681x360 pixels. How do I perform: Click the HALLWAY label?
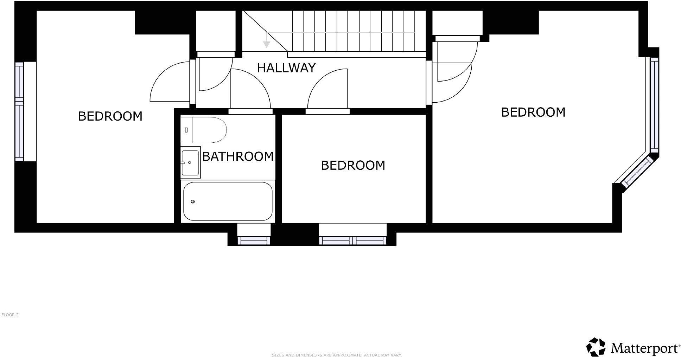(x=286, y=68)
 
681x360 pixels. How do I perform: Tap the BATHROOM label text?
(x=238, y=156)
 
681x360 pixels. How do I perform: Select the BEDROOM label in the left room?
(x=110, y=116)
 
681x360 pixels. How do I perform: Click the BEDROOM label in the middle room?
(x=353, y=165)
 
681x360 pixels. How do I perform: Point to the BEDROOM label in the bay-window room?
(x=533, y=112)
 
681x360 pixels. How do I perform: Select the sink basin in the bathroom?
(x=190, y=162)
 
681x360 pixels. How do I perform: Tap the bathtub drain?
(x=192, y=201)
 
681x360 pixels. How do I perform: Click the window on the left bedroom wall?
(x=19, y=111)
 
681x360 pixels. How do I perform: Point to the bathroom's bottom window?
(x=254, y=240)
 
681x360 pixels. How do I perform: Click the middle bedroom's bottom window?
(x=352, y=240)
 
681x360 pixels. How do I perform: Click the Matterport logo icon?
(x=596, y=347)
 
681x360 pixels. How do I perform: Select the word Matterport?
(x=645, y=348)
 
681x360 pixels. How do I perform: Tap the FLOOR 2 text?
(x=10, y=315)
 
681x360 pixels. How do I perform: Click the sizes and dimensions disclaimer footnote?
(x=337, y=355)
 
